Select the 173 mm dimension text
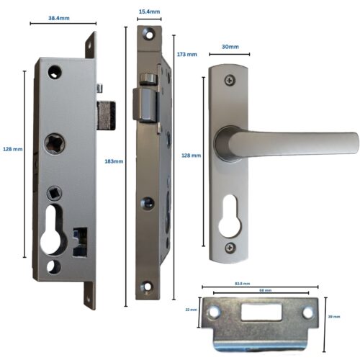click(x=186, y=55)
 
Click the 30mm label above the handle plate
click(x=230, y=47)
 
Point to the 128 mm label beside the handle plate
click(x=191, y=156)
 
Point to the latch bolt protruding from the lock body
click(x=107, y=116)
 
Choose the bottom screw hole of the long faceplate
click(x=148, y=289)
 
